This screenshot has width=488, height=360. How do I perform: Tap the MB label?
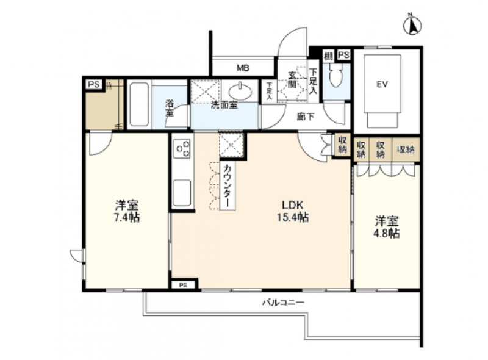tap(243, 68)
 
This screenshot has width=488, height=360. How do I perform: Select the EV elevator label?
tap(382, 84)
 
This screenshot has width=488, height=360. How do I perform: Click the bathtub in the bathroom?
tap(139, 104)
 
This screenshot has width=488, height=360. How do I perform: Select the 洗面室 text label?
tap(224, 105)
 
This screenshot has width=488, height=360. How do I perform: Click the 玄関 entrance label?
tap(292, 80)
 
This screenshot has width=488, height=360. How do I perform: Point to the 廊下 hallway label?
tap(306, 117)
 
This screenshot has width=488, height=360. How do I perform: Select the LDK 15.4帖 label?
tap(294, 211)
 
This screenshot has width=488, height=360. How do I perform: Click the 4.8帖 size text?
tap(386, 233)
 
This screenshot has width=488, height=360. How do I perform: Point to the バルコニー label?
tap(283, 303)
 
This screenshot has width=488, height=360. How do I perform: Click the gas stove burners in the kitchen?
tap(182, 148)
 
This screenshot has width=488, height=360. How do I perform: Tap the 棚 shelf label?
tap(328, 55)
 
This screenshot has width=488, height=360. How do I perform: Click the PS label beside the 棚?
tap(343, 55)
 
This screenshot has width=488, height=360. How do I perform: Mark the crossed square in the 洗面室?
tap(201, 91)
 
